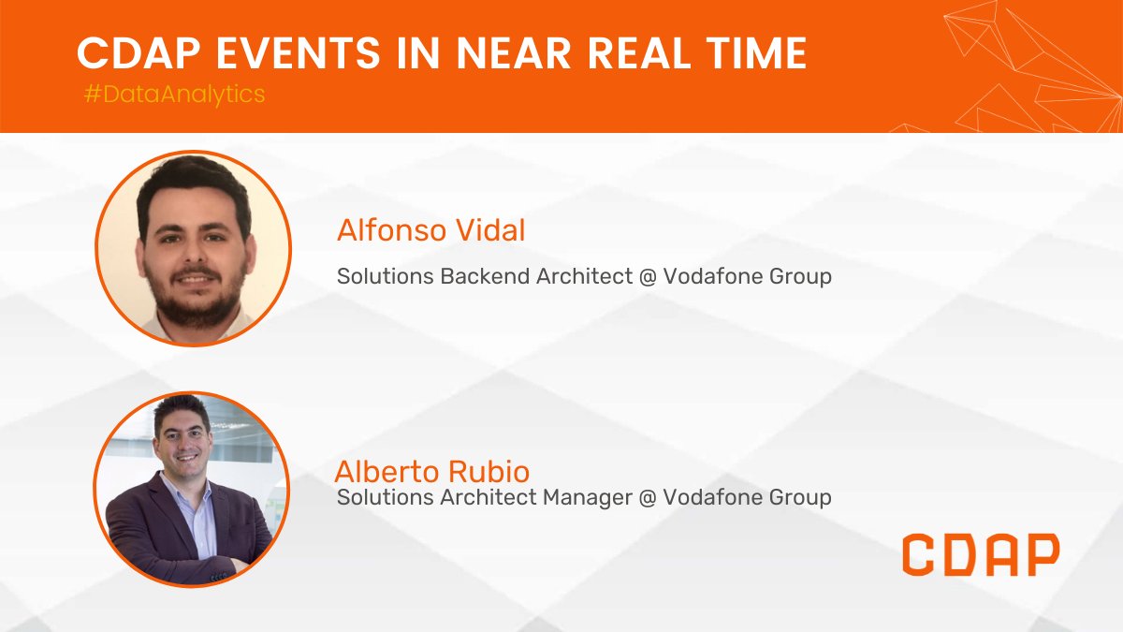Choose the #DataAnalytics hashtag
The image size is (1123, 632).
click(x=174, y=95)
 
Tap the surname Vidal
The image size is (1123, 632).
click(x=492, y=230)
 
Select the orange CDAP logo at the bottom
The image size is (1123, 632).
click(x=981, y=554)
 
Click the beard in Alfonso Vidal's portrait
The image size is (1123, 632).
click(x=197, y=298)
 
